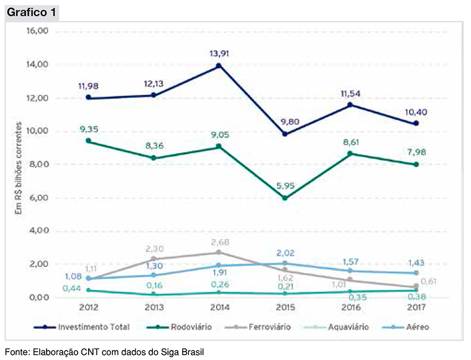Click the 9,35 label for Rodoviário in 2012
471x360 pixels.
89,130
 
